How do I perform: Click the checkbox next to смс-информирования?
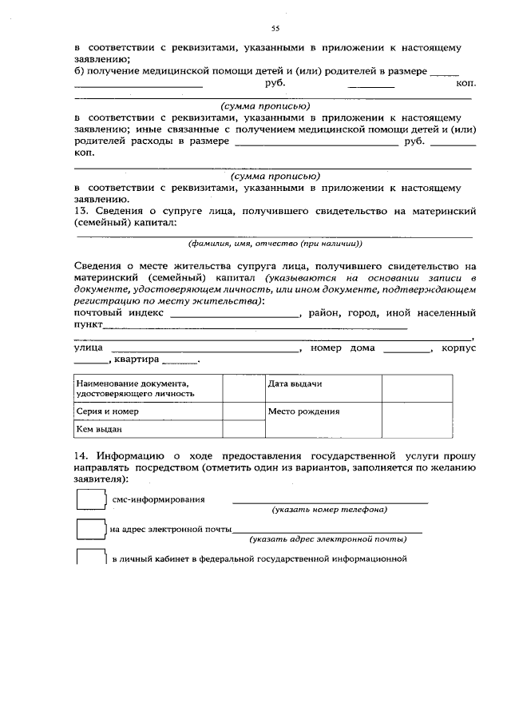[x=91, y=499]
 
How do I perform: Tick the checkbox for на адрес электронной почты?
[x=91, y=529]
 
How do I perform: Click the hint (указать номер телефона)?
[x=329, y=509]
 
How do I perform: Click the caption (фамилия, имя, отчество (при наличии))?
[x=275, y=243]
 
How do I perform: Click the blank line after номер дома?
[x=406, y=351]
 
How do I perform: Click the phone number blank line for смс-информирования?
[x=329, y=502]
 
